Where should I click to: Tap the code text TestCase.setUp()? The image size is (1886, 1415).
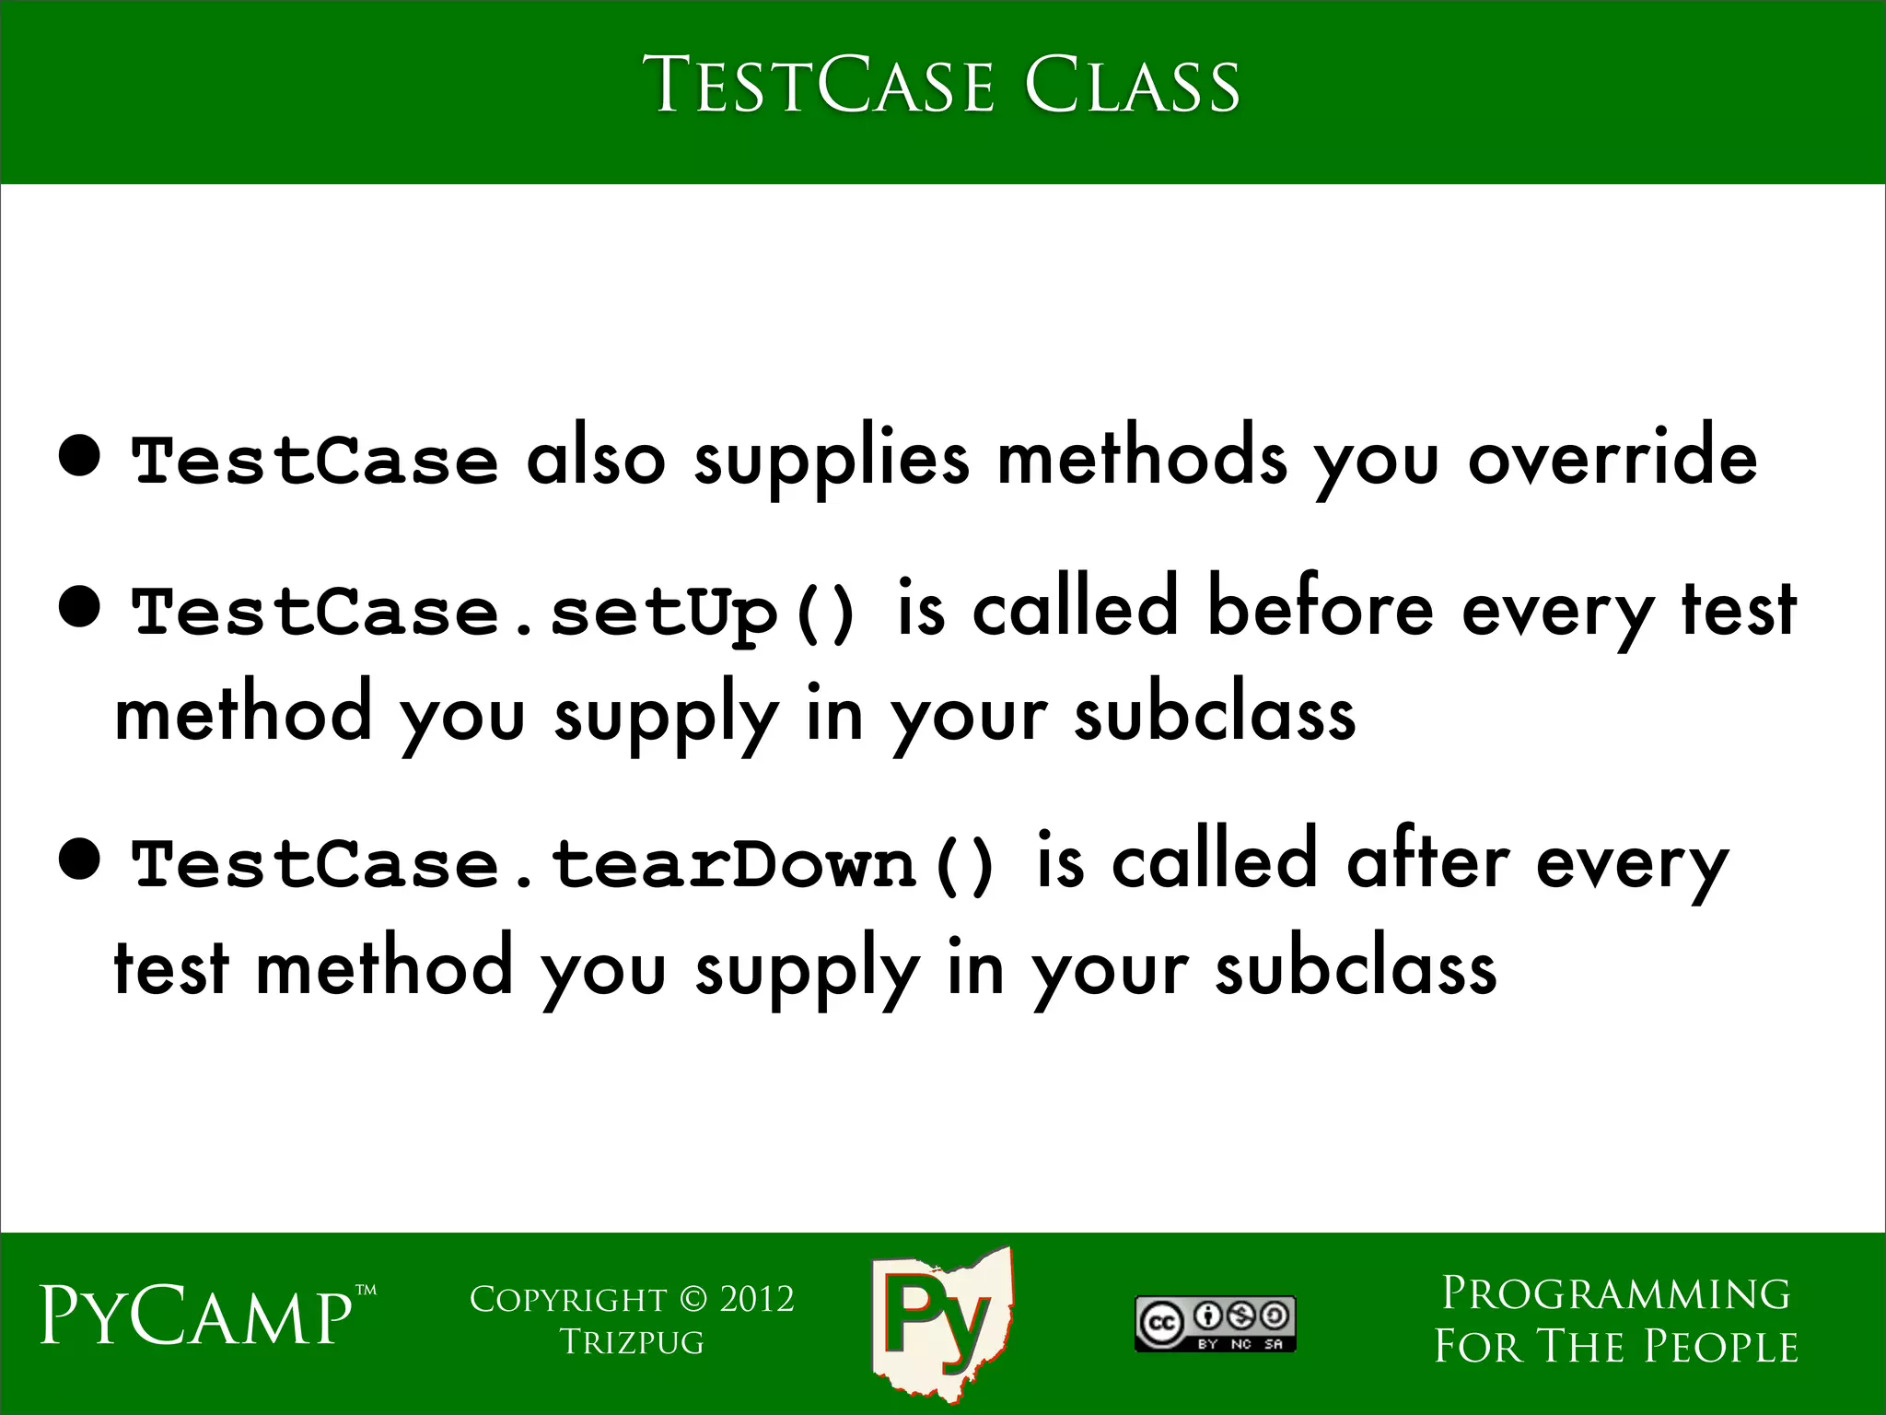pyautogui.click(x=495, y=613)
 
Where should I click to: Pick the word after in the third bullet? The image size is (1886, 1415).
pyautogui.click(x=1426, y=863)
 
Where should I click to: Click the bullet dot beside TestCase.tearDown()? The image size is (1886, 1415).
pyautogui.click(x=78, y=860)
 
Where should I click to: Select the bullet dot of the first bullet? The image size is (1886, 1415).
pyautogui.click(x=78, y=454)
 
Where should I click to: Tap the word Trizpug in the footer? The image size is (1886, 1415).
pyautogui.click(x=632, y=1342)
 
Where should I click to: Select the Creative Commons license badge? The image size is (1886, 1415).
pyautogui.click(x=1215, y=1324)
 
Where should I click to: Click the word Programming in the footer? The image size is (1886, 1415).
pyautogui.click(x=1616, y=1294)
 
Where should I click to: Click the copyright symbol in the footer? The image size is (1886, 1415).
pyautogui.click(x=693, y=1300)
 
